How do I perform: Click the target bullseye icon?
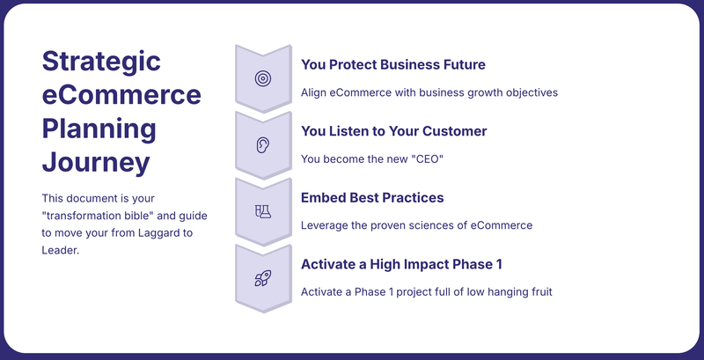click(x=263, y=78)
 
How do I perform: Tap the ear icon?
click(x=263, y=145)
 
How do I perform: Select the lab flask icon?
click(x=263, y=211)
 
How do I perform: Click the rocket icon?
click(x=263, y=278)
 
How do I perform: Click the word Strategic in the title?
click(x=101, y=62)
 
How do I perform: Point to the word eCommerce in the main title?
click(x=121, y=95)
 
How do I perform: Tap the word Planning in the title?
click(x=99, y=129)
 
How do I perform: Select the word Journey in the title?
click(x=96, y=164)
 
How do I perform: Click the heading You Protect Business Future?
click(x=392, y=64)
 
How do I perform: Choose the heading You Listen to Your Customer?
click(x=393, y=131)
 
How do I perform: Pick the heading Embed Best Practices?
click(x=372, y=197)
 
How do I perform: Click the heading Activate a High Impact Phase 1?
click(x=401, y=264)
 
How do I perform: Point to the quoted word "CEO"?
click(x=427, y=159)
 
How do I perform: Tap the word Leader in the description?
click(x=60, y=251)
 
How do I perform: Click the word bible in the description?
click(x=141, y=216)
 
